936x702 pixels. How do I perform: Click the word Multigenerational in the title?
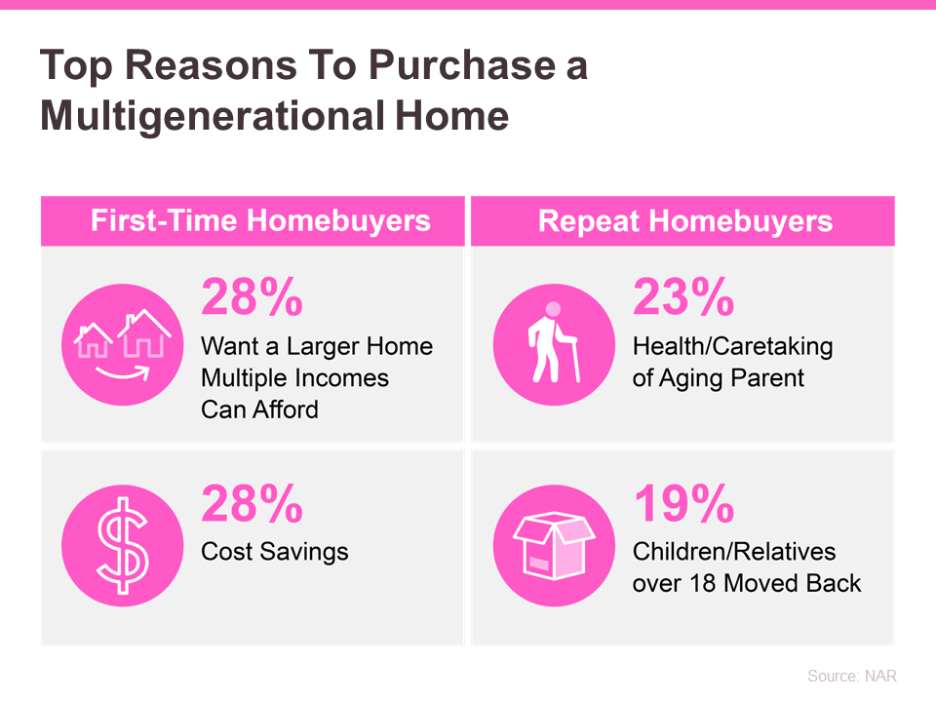(213, 116)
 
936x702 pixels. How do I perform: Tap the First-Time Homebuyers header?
(260, 220)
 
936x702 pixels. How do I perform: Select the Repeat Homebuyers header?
(685, 221)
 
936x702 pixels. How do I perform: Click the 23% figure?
(683, 296)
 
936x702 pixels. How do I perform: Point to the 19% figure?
(684, 503)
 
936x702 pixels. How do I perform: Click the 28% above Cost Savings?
(252, 503)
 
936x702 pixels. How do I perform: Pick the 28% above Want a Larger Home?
(252, 296)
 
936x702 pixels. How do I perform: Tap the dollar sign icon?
(123, 545)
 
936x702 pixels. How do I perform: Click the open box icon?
(554, 545)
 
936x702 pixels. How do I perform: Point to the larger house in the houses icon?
(144, 333)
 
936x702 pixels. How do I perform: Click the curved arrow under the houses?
(123, 374)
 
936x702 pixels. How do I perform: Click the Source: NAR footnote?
(852, 676)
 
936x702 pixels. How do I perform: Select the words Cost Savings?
(275, 552)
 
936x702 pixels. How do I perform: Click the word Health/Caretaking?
(732, 347)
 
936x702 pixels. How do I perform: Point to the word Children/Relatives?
(734, 552)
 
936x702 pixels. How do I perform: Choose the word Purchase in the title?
(462, 64)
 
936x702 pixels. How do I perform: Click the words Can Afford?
(259, 409)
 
